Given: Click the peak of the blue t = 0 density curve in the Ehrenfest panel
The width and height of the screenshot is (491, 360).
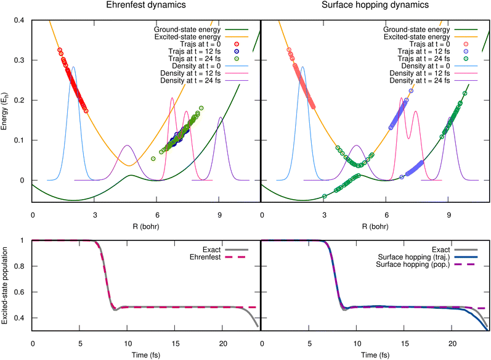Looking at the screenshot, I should [x=74, y=67].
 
